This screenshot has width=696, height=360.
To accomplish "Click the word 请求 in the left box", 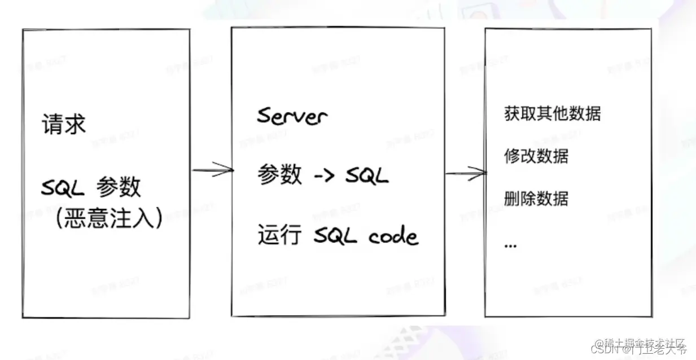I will (x=63, y=125).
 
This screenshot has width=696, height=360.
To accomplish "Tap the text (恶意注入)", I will (x=110, y=217).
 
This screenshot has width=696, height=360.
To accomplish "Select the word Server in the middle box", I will (x=292, y=116).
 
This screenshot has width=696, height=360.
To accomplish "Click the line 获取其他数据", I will (x=552, y=113).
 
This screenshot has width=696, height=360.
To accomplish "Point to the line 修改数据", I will (x=536, y=156).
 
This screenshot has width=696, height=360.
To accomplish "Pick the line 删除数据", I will (x=536, y=198).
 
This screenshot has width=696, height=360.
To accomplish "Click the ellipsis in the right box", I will (x=510, y=246).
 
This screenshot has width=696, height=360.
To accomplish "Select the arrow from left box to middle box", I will (x=213, y=170).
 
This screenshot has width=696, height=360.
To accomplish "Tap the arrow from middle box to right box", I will (x=466, y=173).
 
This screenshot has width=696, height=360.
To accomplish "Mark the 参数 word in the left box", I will (x=118, y=187).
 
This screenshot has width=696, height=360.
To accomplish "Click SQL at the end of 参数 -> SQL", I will (x=367, y=176).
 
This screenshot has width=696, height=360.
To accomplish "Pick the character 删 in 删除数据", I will (x=511, y=198).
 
